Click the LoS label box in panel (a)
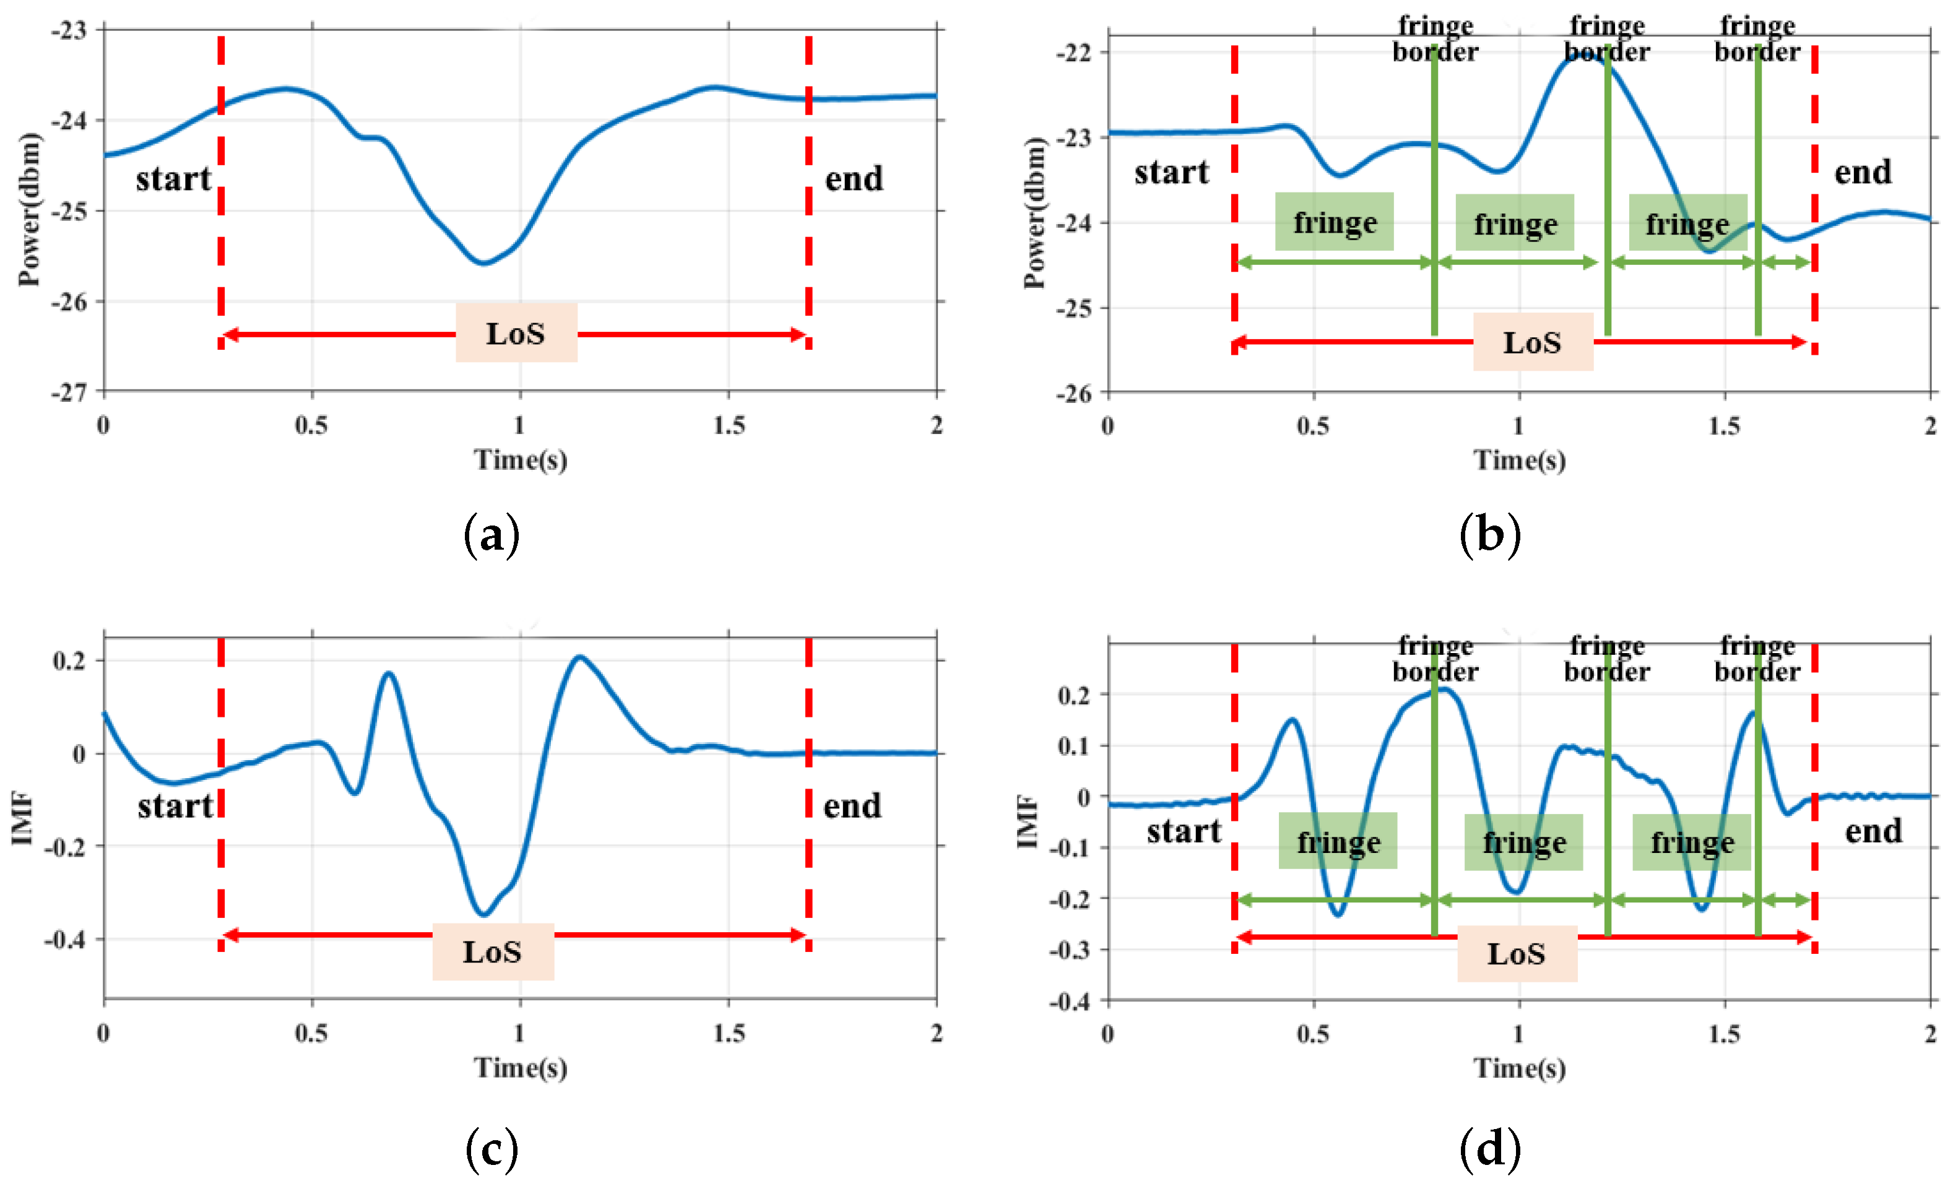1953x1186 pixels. pos(516,332)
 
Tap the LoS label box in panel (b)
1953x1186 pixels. pos(1532,342)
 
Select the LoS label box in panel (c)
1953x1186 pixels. pos(492,951)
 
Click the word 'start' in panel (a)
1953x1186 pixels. pos(173,178)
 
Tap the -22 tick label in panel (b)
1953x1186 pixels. pos(1073,53)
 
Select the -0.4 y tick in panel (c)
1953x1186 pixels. pos(65,940)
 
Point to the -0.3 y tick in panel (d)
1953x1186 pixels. pos(1070,949)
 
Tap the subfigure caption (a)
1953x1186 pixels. pos(491,535)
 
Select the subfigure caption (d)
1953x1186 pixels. pos(1490,1149)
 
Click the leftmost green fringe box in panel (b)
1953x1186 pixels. pos(1334,222)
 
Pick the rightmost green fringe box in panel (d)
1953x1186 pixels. pos(1691,842)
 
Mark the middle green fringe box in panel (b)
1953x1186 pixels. pos(1515,223)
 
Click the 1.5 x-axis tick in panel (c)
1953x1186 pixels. pos(729,1033)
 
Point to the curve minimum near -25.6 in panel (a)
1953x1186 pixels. pos(483,262)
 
